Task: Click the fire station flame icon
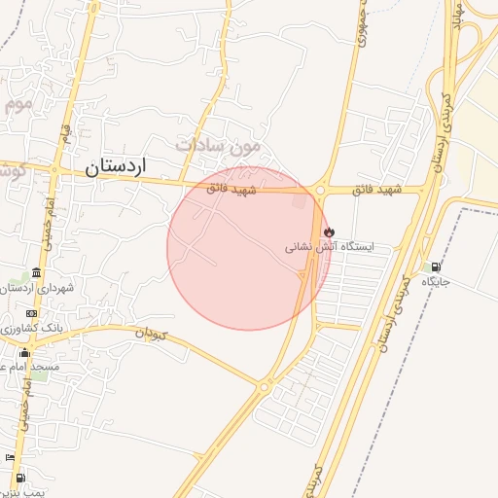329,231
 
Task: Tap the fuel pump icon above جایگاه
435,267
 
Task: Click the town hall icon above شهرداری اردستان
36,272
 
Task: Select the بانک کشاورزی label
34,329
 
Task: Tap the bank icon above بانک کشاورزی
32,313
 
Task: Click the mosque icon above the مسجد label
24,352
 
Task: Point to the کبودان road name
151,335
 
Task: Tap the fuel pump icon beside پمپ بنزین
21,478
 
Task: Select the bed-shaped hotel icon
11,457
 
